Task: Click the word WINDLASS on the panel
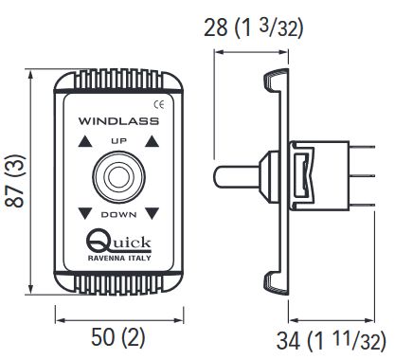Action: coord(118,121)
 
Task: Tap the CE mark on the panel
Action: coord(159,104)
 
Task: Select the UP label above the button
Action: coord(118,141)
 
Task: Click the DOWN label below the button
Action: coord(118,215)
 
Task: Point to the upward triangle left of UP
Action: coord(84,141)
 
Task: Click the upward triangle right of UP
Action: coord(153,141)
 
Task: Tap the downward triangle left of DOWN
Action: coord(84,213)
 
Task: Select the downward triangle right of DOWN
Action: coord(152,213)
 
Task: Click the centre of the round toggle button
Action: coord(118,177)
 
